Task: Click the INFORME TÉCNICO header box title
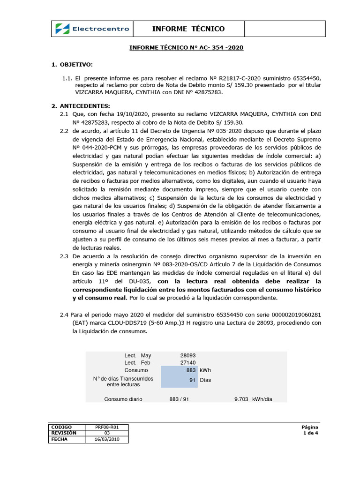pos(188,29)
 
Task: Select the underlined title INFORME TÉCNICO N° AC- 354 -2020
pos(186,48)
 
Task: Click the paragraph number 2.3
pos(64,256)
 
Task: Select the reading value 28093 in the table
pos(188,355)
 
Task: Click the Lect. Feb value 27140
pos(188,363)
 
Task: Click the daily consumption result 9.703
pos(241,399)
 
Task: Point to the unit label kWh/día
pos(262,399)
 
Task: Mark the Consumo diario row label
pos(123,399)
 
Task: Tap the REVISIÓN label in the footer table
pos(61,434)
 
